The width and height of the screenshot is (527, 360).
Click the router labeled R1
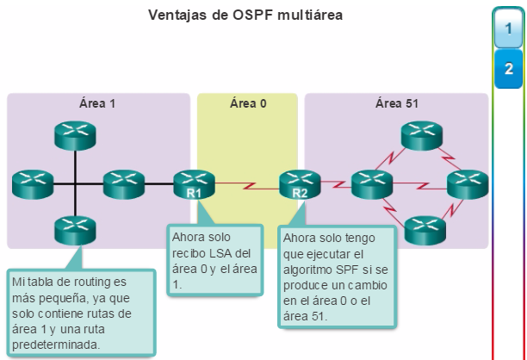[194, 184]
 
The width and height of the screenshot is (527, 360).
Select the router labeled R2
[300, 184]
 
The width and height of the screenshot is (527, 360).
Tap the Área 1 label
[97, 103]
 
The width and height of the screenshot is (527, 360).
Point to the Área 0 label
[248, 103]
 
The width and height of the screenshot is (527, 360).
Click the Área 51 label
[397, 103]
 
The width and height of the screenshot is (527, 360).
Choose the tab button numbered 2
[509, 69]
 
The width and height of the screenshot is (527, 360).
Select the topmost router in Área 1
[75, 135]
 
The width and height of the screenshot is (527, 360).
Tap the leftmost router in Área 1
[33, 184]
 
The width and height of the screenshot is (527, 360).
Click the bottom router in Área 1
[75, 230]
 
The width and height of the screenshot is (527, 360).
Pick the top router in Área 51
[422, 135]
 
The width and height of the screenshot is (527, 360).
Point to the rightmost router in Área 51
[468, 184]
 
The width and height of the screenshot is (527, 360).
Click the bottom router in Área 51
[425, 230]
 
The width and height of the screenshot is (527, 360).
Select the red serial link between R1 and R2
[247, 185]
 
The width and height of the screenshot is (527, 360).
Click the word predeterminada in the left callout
[56, 344]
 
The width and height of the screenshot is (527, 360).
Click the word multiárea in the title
[310, 16]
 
